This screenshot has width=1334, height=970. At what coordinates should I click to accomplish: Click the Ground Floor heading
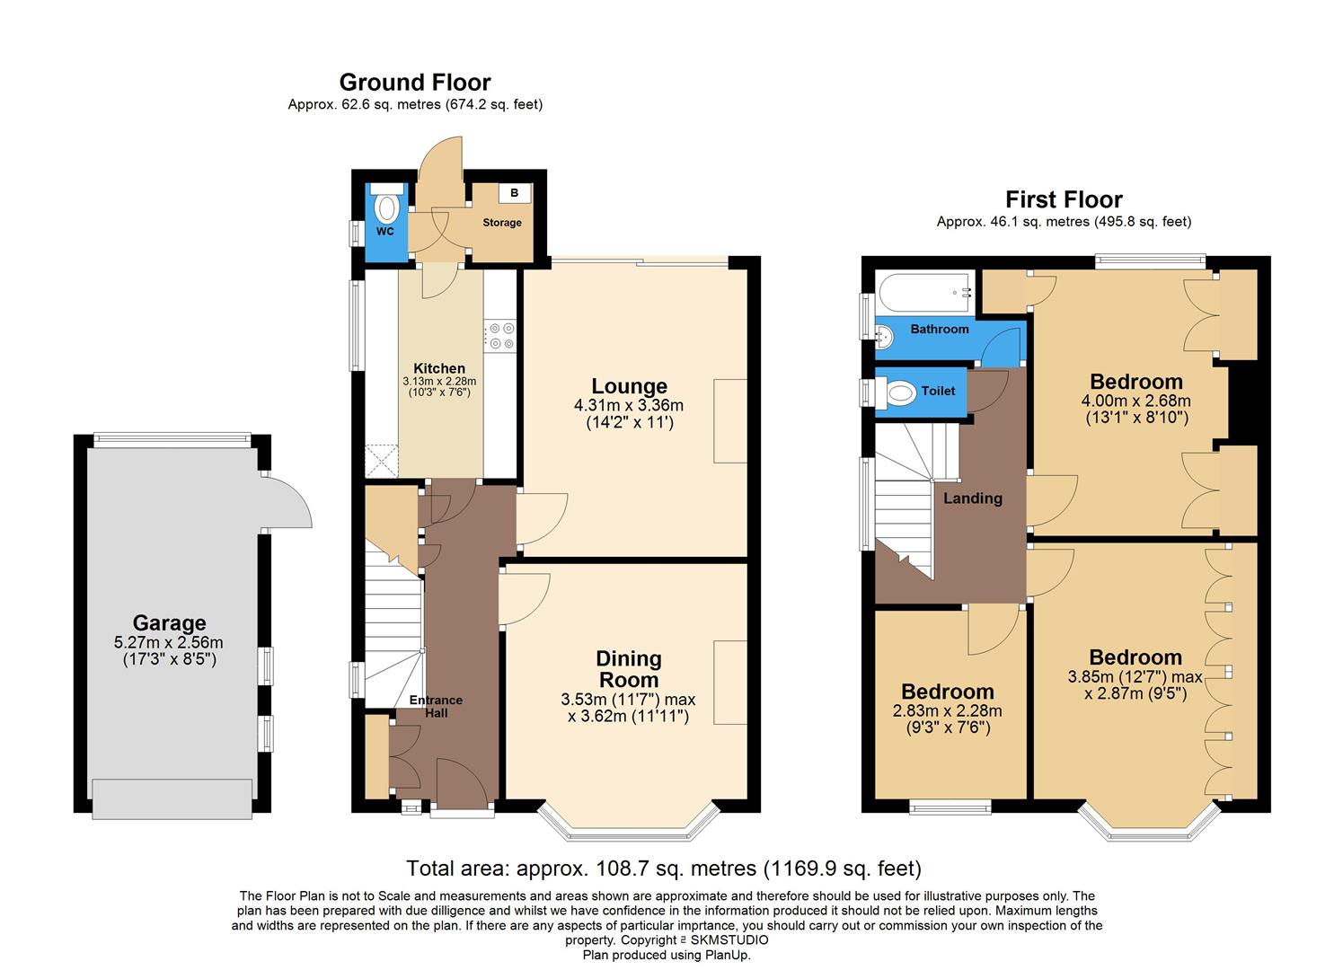pos(415,83)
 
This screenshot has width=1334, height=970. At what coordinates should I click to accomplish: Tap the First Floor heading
pos(1064,199)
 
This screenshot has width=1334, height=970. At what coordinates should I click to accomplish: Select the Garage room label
pos(169,623)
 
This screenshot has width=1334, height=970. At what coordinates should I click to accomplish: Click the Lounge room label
pos(629,387)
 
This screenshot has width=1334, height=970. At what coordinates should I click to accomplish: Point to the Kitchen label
pos(439,368)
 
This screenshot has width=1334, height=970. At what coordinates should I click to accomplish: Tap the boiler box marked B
pos(515,193)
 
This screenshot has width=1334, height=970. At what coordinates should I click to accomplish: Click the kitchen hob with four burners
pos(501,336)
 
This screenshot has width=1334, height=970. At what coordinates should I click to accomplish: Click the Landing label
pos(973,498)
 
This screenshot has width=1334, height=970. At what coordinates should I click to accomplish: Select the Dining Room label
pos(629,669)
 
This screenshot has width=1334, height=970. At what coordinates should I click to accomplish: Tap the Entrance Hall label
pos(436,706)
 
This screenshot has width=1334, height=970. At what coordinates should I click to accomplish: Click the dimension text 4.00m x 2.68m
pos(1135,401)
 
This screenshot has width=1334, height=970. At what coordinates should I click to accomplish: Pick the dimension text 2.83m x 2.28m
pos(948,710)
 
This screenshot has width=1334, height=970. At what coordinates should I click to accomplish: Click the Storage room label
pos(502,223)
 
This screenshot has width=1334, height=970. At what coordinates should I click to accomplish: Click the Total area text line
pos(664,869)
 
